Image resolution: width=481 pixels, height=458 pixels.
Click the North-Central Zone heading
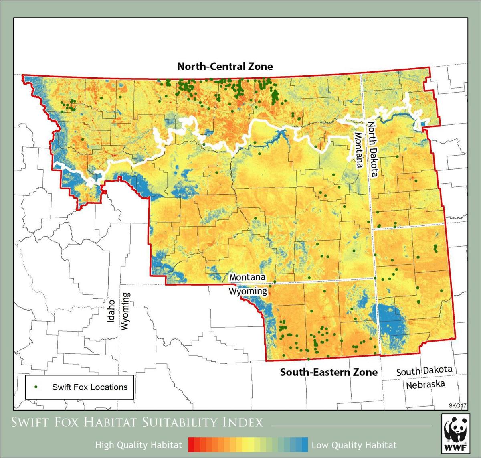click(x=225, y=66)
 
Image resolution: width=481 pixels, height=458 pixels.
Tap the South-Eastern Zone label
click(x=329, y=372)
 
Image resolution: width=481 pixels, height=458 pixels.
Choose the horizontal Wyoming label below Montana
click(x=248, y=291)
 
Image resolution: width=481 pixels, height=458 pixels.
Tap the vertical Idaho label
click(x=111, y=311)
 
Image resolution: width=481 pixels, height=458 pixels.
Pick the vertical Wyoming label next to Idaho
click(x=126, y=311)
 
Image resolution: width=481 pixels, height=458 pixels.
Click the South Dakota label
click(x=424, y=371)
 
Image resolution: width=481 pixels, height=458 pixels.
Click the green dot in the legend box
click(x=36, y=387)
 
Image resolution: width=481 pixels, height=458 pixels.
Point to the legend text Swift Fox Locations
click(x=90, y=387)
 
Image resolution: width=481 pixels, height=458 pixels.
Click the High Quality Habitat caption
click(x=139, y=445)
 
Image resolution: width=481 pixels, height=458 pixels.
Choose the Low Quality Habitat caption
click(x=354, y=445)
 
